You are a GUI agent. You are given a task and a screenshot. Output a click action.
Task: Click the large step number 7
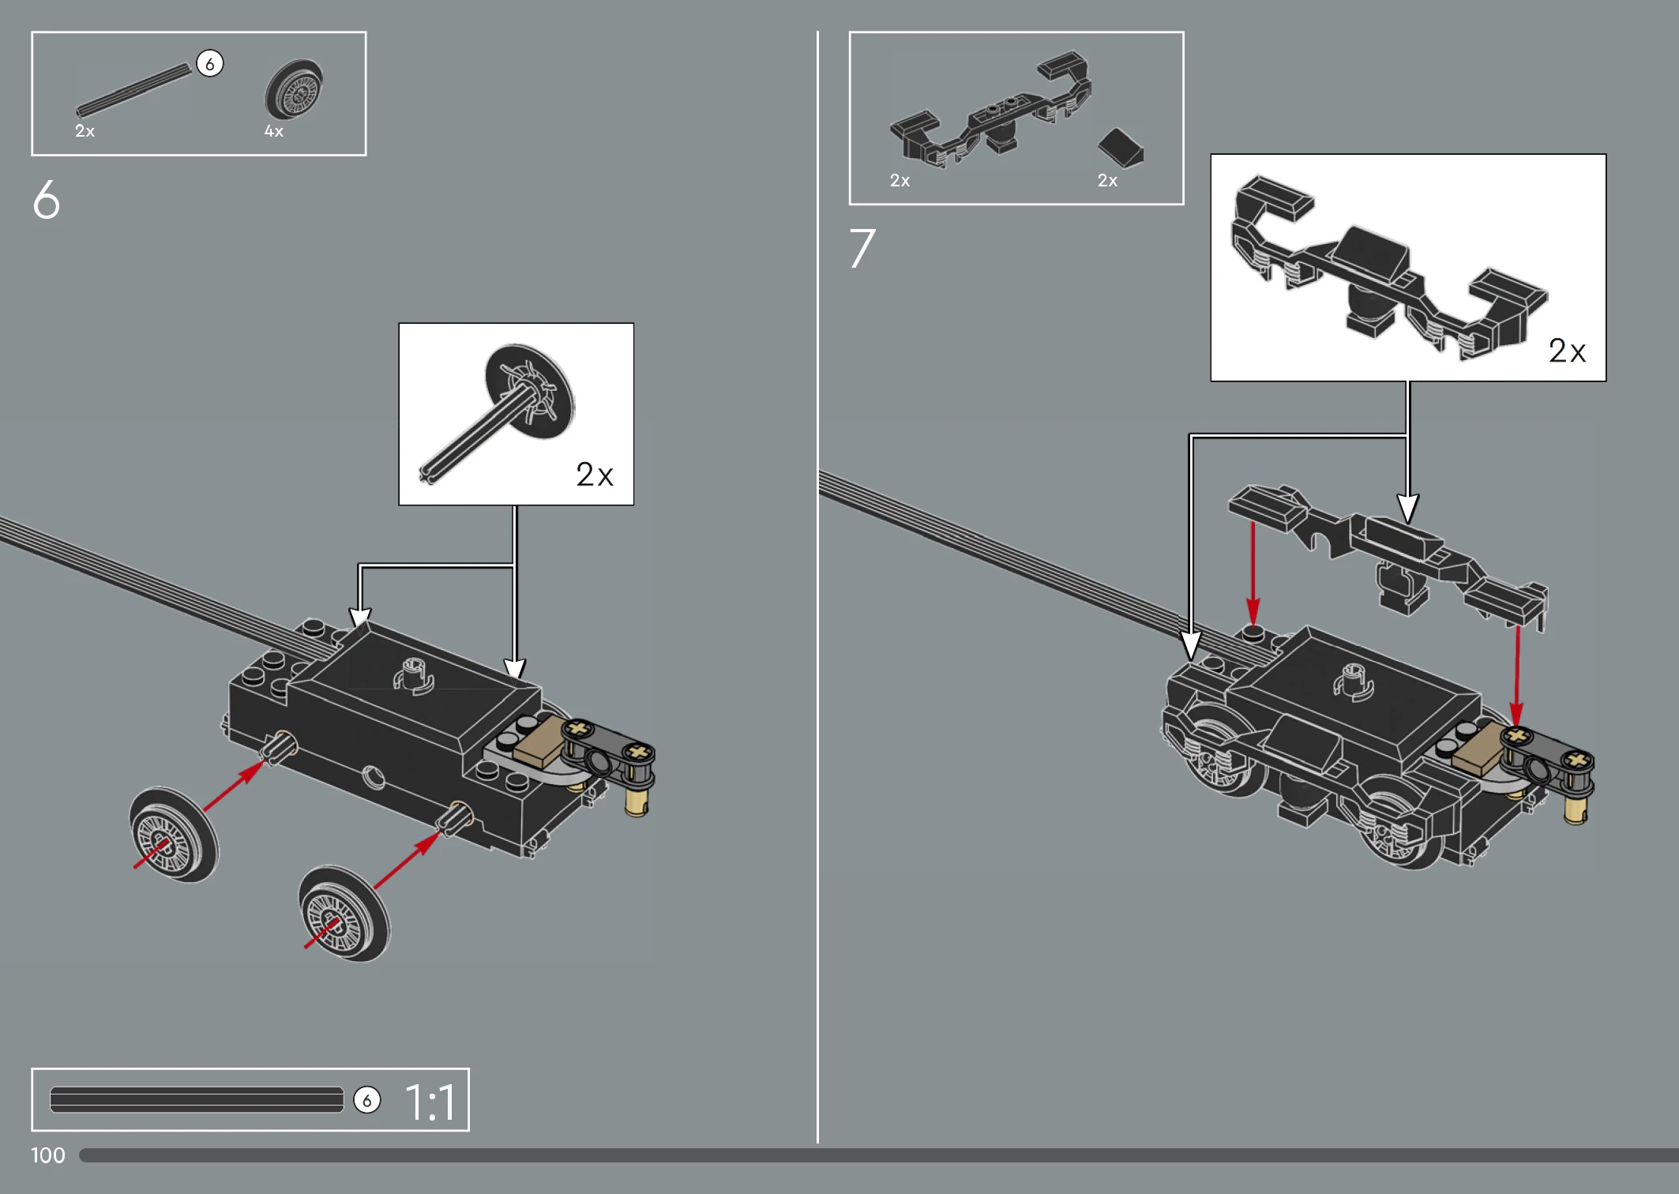point(862,248)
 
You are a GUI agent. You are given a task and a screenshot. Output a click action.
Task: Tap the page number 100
point(47,1155)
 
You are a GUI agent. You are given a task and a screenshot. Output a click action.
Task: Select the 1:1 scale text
point(430,1102)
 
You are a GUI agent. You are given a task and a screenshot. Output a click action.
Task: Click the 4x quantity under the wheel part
point(273,131)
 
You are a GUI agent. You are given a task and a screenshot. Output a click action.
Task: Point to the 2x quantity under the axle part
point(85,131)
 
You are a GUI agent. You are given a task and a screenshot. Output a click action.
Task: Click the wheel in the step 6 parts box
point(294,89)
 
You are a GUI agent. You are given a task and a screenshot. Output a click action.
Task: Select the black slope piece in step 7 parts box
point(1121,148)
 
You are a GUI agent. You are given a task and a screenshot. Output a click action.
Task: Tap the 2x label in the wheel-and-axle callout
point(594,475)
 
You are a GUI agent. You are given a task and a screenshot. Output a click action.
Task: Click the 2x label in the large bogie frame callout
point(1567,351)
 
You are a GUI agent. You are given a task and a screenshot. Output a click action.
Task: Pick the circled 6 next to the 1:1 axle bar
point(366,1100)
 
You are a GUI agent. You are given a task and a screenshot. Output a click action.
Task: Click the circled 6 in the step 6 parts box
point(209,63)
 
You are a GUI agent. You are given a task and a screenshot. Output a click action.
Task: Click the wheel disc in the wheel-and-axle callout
point(529,391)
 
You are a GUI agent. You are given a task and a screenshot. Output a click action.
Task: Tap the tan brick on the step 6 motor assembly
point(541,742)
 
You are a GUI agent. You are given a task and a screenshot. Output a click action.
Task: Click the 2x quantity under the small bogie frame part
point(900,180)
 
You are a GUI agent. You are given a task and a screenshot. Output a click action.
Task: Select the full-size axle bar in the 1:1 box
point(197,1099)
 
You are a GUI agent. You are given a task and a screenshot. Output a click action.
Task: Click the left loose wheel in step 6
point(174,835)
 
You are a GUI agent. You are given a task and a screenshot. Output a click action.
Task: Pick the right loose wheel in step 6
point(344,914)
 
